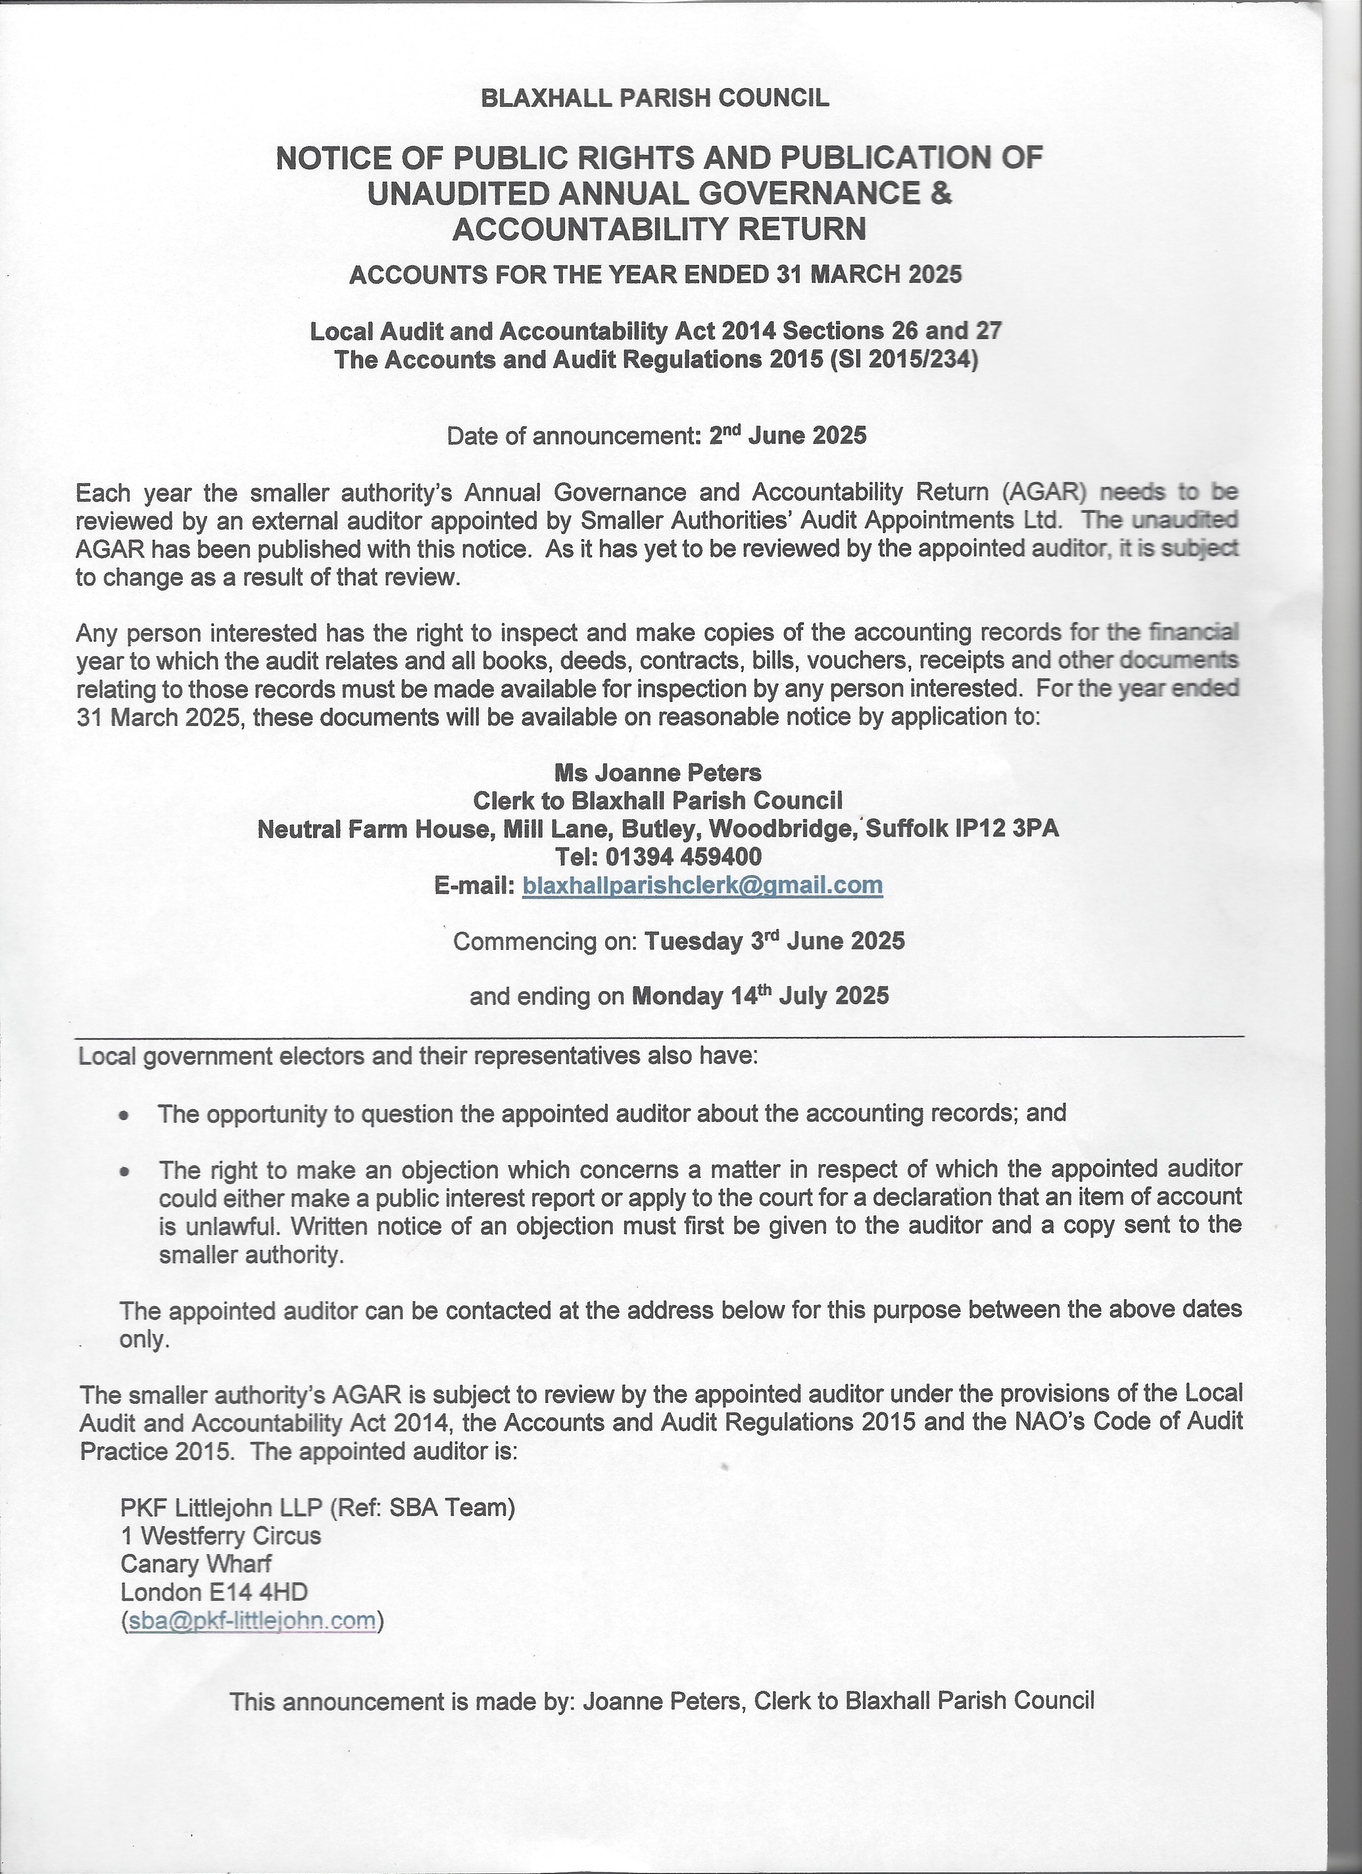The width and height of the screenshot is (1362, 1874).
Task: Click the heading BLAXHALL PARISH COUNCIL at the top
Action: [654, 98]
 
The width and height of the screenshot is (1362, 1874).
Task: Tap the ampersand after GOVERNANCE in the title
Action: [942, 193]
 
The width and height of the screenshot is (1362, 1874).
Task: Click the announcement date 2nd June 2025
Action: [788, 435]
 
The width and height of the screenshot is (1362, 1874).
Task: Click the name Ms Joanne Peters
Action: [657, 772]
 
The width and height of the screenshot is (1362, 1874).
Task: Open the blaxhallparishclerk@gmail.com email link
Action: [703, 885]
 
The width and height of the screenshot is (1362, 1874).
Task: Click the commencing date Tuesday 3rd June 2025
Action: [774, 941]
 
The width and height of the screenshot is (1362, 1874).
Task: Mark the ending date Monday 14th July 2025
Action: [760, 996]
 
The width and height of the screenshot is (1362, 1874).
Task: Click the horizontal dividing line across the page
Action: [659, 1035]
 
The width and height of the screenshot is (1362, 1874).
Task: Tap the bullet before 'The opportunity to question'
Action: [124, 1115]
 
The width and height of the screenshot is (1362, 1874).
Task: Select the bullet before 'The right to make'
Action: [124, 1172]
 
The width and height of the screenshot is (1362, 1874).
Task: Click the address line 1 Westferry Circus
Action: [221, 1536]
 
